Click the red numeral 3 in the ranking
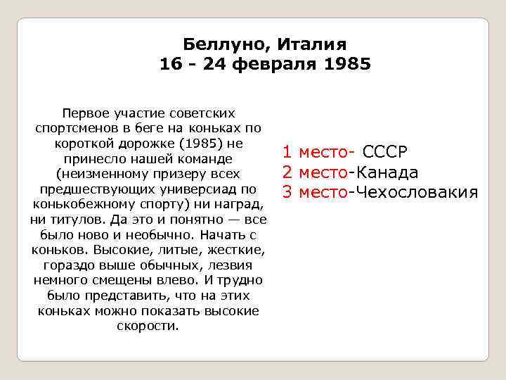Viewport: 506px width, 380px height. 287,192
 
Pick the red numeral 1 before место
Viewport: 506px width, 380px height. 287,153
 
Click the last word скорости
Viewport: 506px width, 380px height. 149,326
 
